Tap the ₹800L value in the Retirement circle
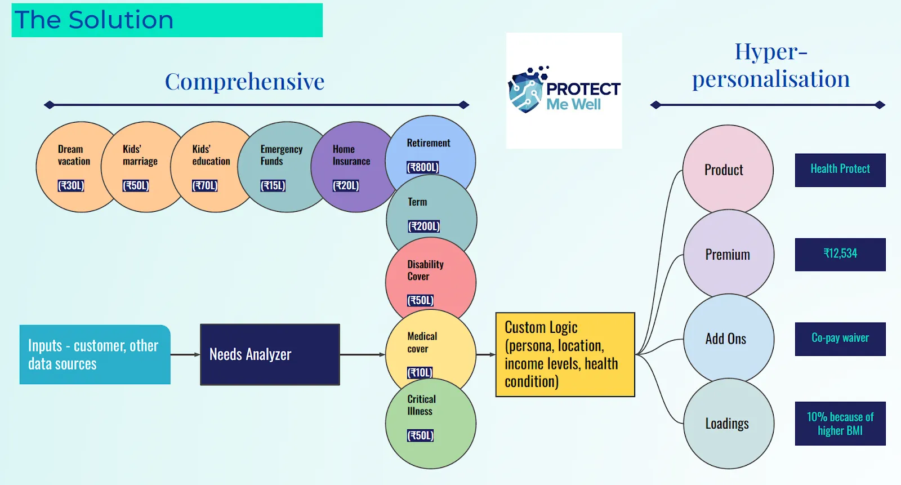[422, 167]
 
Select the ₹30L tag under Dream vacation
[71, 185]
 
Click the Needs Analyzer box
[270, 354]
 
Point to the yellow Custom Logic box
[565, 354]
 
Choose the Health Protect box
[840, 170]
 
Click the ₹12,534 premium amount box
[840, 255]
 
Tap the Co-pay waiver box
[840, 339]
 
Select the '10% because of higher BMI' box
[840, 424]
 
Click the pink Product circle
[728, 170]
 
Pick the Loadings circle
[729, 424]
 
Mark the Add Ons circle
[729, 339]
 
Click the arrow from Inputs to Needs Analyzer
[185, 354]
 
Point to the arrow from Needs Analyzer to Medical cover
[363, 354]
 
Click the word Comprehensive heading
[244, 81]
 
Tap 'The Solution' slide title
[93, 20]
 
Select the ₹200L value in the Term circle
[424, 226]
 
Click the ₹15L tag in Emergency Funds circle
[273, 185]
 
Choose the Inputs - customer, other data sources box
[95, 354]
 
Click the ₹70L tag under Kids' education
[205, 185]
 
